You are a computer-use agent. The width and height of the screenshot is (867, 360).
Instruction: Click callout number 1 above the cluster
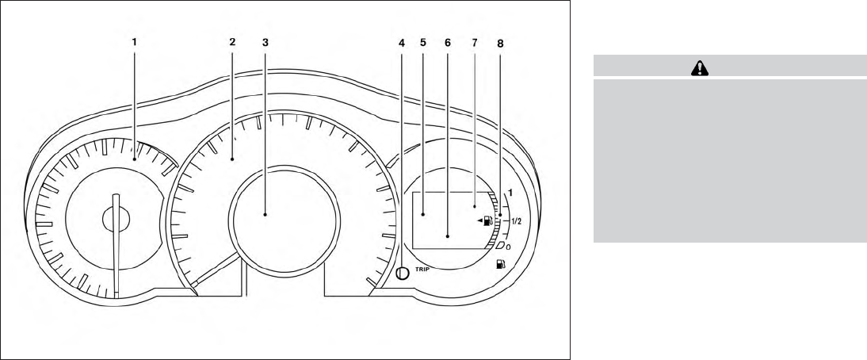pyautogui.click(x=135, y=41)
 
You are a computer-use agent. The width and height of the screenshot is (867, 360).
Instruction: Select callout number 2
pyautogui.click(x=232, y=41)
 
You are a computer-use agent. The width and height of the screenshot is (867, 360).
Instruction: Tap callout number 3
pyautogui.click(x=265, y=41)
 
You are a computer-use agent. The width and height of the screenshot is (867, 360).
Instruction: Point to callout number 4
pyautogui.click(x=402, y=42)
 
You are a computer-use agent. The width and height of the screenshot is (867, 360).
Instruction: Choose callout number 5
pyautogui.click(x=423, y=42)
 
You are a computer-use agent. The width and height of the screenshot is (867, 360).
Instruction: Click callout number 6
pyautogui.click(x=447, y=42)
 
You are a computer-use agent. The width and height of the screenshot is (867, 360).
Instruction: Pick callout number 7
pyautogui.click(x=474, y=42)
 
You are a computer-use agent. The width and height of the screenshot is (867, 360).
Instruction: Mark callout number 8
pyautogui.click(x=500, y=43)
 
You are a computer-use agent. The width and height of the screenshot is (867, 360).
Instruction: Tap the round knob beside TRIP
pyautogui.click(x=403, y=273)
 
